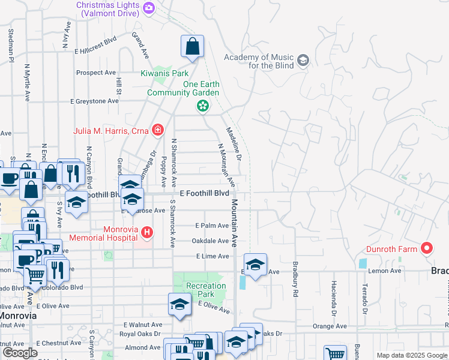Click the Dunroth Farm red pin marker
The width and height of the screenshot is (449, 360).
pyautogui.click(x=427, y=248)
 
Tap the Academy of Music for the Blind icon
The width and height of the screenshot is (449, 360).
pyautogui.click(x=303, y=60)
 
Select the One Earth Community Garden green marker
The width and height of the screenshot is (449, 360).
pyautogui.click(x=203, y=106)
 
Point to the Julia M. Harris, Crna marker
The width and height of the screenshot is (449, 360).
pyautogui.click(x=158, y=129)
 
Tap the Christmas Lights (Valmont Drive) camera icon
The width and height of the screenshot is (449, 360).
pyautogui.click(x=149, y=8)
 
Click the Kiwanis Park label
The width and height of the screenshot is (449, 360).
pyautogui.click(x=164, y=74)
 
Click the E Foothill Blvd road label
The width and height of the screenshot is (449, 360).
pyautogui.click(x=205, y=193)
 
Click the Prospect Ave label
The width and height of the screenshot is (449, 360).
pyautogui.click(x=95, y=73)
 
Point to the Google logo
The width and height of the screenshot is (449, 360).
pyautogui.click(x=20, y=353)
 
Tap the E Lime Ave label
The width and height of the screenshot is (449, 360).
pyautogui.click(x=212, y=256)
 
